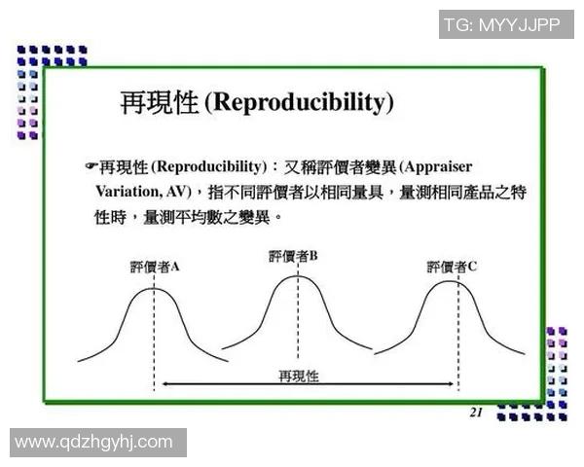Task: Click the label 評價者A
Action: [154, 268]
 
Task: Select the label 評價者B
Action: [293, 256]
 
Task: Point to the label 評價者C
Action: [452, 267]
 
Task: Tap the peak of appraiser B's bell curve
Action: [296, 277]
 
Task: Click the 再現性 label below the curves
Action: [298, 375]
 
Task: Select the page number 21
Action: [476, 413]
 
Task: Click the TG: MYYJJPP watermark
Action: [500, 24]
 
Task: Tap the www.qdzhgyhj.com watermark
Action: [93, 443]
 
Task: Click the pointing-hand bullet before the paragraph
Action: [91, 166]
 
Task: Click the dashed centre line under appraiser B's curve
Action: [296, 321]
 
